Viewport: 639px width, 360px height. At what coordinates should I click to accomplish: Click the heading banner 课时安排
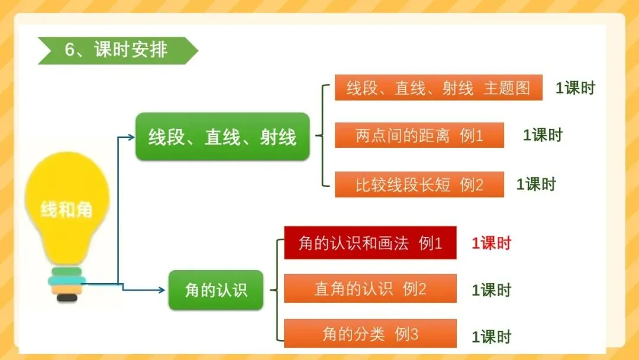pos(117,50)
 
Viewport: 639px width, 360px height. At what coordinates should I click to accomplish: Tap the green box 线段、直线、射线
pos(222,137)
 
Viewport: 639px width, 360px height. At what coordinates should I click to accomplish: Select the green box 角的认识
pos(216,290)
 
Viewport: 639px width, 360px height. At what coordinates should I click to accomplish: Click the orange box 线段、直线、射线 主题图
pos(438,88)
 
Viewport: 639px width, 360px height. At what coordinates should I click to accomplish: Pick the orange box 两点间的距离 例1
pos(419,135)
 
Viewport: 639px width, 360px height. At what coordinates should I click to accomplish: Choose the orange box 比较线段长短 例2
pos(419,184)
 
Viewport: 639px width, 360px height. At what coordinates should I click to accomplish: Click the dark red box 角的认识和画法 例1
pos(370,242)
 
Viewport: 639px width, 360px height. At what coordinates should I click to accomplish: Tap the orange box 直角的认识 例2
pos(370,288)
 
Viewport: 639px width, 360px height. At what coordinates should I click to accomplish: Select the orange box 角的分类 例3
pos(370,334)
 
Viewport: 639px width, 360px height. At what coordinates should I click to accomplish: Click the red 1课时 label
pos(491,243)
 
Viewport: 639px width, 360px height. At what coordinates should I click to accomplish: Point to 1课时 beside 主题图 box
pos(575,88)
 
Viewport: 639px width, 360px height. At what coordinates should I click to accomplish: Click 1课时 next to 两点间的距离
pos(543,135)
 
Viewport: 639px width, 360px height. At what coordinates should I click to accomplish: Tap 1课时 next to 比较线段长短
pos(536,184)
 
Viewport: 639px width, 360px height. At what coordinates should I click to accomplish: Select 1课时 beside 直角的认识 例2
pos(491,290)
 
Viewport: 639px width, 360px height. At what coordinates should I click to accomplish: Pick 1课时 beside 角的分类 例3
pos(491,337)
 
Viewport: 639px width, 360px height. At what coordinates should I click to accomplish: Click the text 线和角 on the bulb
pos(67,209)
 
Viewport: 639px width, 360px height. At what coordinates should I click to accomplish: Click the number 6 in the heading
pos(70,50)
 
